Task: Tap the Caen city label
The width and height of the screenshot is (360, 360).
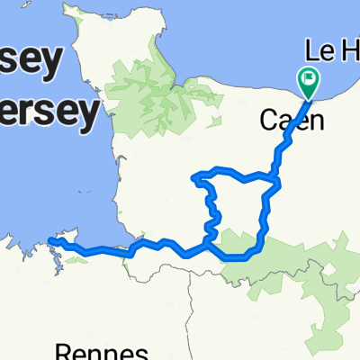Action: (292, 120)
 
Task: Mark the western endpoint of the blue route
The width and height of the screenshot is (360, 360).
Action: (51, 240)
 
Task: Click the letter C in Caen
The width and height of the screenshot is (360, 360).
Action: (268, 120)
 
